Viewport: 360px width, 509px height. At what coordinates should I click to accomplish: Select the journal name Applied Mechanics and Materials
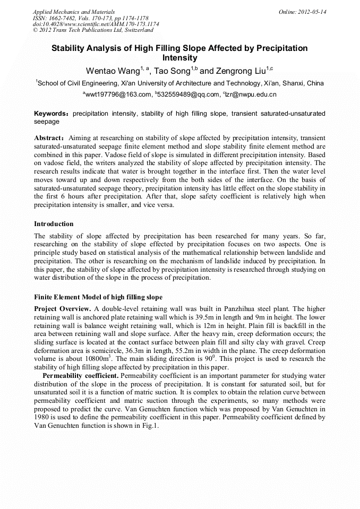(x=74, y=12)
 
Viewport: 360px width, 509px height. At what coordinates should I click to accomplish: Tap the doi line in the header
(x=96, y=24)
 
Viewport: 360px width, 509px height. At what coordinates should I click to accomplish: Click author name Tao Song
(x=172, y=71)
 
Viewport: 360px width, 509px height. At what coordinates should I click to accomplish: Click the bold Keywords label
(x=52, y=114)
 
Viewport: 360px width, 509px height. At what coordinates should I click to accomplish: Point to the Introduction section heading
(x=54, y=224)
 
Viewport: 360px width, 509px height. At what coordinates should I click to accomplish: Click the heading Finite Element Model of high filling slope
(x=98, y=297)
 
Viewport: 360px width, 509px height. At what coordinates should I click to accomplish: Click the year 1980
(x=42, y=418)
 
